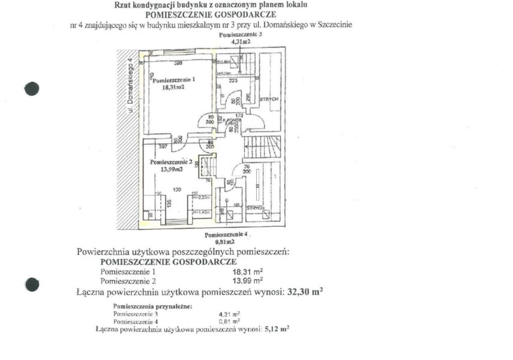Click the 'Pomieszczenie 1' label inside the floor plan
[x=173, y=79]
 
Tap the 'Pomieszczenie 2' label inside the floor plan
[x=171, y=162]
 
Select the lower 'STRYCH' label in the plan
[x=256, y=208]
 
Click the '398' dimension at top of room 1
[x=178, y=63]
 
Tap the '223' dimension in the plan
[x=233, y=79]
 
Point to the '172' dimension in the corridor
[x=238, y=114]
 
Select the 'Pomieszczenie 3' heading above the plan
[x=241, y=36]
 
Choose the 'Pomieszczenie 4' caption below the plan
[x=226, y=234]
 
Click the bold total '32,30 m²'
[x=302, y=292]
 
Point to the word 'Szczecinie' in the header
[x=333, y=25]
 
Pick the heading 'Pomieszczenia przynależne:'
[x=153, y=307]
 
